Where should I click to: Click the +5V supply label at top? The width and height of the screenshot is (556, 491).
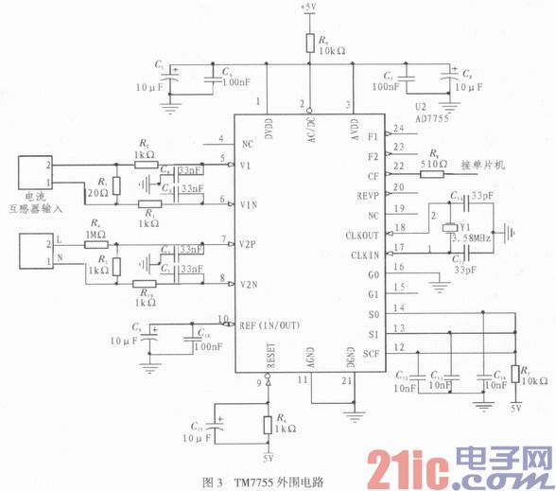click(308, 8)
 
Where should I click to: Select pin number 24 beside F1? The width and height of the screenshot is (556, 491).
click(398, 129)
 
